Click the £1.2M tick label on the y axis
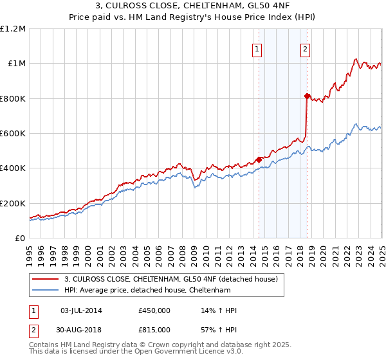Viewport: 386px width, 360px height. coord(14,29)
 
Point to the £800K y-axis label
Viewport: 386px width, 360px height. coord(14,98)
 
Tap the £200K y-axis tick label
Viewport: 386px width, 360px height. coord(14,203)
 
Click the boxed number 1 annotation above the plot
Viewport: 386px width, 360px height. coord(257,50)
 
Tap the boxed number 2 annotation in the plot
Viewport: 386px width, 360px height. coord(305,50)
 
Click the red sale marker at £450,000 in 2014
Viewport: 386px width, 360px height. coord(259,159)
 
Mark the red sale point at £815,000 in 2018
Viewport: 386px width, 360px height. coord(308,96)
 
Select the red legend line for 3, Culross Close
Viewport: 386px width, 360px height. coord(46,279)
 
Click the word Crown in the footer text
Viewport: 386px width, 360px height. coord(155,345)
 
